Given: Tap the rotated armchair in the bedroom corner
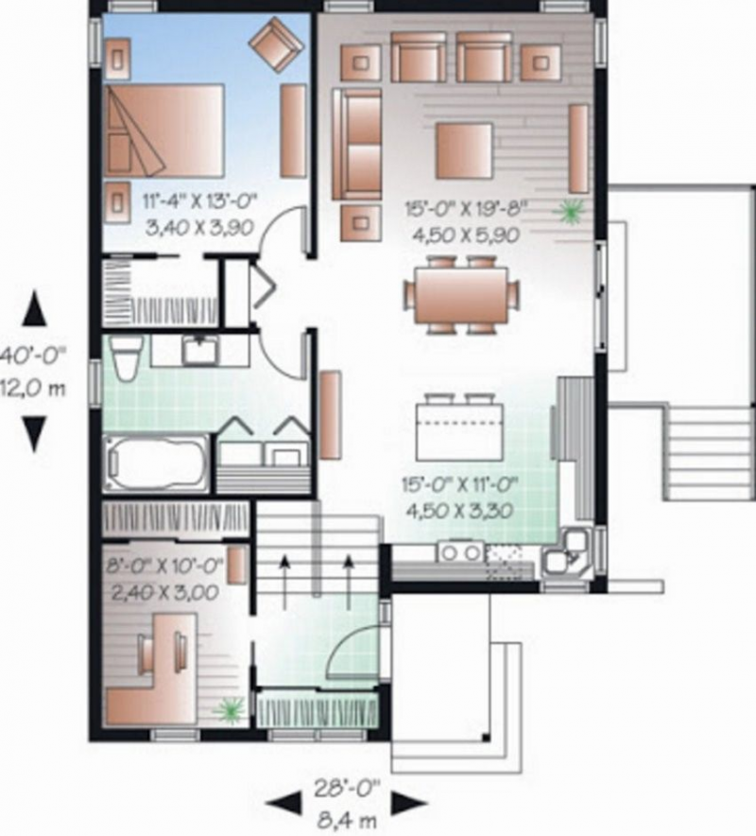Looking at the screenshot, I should (x=275, y=44).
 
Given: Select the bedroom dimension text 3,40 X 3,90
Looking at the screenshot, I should (x=199, y=227).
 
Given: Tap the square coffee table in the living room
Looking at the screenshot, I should (x=463, y=150).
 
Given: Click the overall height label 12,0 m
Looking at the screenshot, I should (x=34, y=387).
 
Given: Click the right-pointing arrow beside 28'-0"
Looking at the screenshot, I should (x=408, y=804).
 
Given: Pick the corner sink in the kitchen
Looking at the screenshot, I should (x=571, y=553).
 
